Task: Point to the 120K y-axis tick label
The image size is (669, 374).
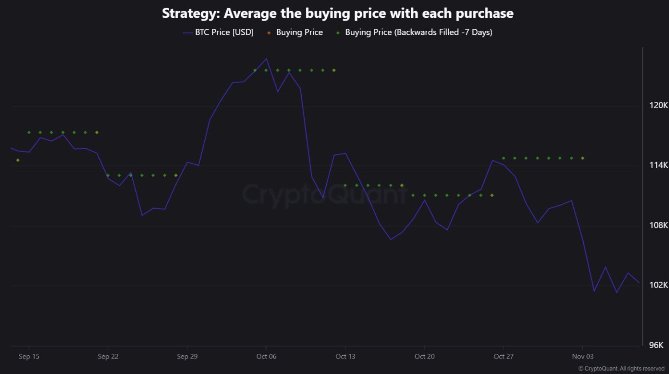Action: coord(659,106)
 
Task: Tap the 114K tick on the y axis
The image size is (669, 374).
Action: coord(659,165)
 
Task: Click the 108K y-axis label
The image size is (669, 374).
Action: coord(659,225)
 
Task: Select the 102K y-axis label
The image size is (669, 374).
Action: coord(659,285)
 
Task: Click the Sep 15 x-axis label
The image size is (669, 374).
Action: coord(29,357)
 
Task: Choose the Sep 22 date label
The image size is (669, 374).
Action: coord(108,357)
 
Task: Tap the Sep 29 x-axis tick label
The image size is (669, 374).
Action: coord(187,357)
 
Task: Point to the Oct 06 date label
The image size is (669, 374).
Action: coord(266,357)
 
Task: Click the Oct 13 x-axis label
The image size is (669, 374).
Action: coord(345,357)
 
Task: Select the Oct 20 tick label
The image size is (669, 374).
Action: coord(424,357)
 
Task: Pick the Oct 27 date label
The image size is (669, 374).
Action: coord(503,357)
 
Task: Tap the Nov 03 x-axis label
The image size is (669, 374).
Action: coord(583,357)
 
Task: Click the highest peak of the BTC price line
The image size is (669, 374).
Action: coord(266,59)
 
